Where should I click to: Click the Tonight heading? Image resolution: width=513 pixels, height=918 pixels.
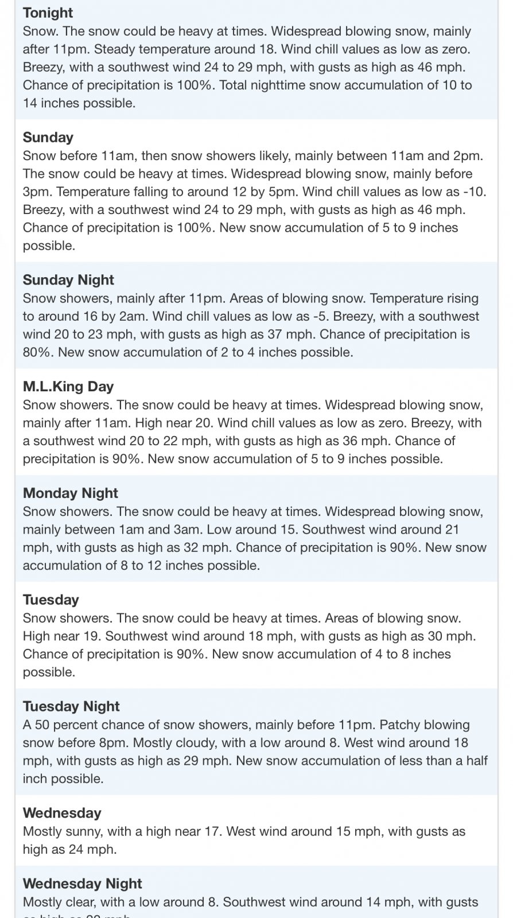pos(48,13)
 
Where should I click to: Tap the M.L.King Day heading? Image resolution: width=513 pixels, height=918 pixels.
pos(68,386)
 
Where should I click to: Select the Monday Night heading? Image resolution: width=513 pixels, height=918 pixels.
pos(71,493)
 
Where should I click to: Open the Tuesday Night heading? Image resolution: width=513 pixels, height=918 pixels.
pos(71,706)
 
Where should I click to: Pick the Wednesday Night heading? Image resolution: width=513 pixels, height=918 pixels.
pos(83,884)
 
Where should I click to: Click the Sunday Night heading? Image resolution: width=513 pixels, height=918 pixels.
pos(68,279)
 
